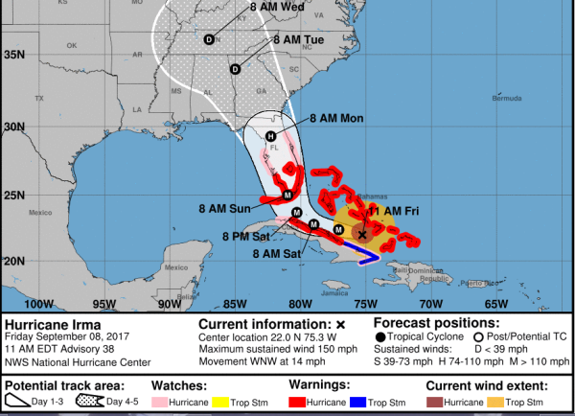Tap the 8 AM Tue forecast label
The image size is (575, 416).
click(x=298, y=40)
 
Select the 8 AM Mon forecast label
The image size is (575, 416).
click(x=336, y=118)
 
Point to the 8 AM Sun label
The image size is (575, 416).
click(x=227, y=208)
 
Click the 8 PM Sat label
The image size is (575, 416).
click(x=245, y=235)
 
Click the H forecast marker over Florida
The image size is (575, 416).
click(x=271, y=136)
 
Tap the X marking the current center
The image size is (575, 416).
click(x=362, y=233)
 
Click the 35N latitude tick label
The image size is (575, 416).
click(x=12, y=55)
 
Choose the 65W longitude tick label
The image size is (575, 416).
click(x=496, y=304)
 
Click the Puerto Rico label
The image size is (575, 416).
click(x=472, y=283)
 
